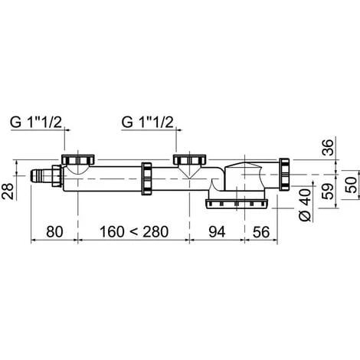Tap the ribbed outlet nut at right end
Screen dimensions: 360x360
(x=285, y=175)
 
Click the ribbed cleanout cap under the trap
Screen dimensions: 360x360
(x=236, y=202)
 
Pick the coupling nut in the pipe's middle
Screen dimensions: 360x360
(x=147, y=178)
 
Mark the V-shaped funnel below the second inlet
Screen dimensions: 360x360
(x=188, y=175)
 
